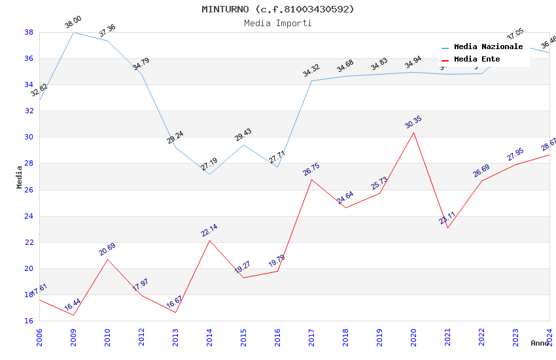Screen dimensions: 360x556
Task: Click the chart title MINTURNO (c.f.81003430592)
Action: [278, 9]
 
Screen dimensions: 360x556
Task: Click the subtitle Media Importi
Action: [278, 23]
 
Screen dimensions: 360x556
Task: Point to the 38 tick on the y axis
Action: [29, 32]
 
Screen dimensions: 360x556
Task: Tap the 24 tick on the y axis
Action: [29, 216]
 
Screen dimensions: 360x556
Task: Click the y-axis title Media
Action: [20, 177]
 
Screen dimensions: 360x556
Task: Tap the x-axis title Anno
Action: [540, 343]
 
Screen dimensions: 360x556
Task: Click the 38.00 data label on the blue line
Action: [73, 24]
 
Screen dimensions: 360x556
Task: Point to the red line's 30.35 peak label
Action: [413, 123]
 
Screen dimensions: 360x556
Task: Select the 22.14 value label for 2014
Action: [209, 230]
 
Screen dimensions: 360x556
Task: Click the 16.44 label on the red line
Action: [73, 305]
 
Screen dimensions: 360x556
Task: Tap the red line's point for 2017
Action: [311, 179]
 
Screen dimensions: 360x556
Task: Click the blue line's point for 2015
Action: [243, 145]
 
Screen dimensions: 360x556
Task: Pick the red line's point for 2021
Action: [447, 228]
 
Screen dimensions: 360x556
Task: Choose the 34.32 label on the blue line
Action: [311, 71]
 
